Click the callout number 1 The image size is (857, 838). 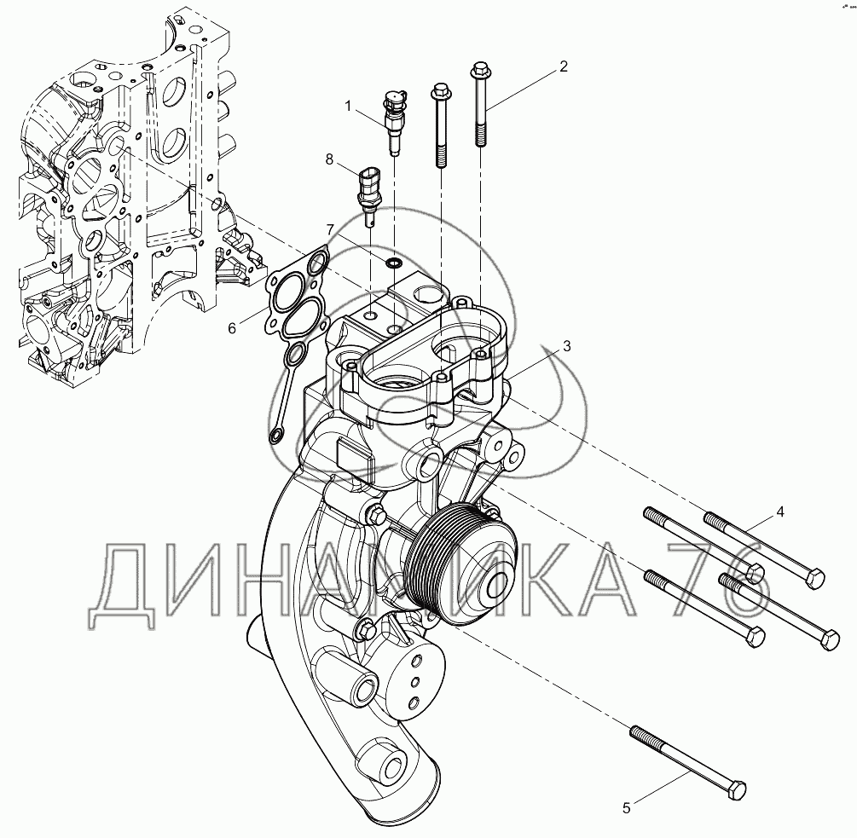click(348, 106)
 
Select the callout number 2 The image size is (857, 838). click(564, 66)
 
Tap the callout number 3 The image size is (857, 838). click(567, 346)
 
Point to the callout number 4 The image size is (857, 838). click(780, 511)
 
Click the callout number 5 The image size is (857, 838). click(627, 807)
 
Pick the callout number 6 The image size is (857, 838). click(232, 328)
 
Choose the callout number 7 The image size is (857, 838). click(329, 228)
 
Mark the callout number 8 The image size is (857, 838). click(329, 159)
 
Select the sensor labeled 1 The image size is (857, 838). click(393, 123)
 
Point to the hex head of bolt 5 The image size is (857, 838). click(738, 789)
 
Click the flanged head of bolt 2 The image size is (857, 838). click(478, 69)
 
